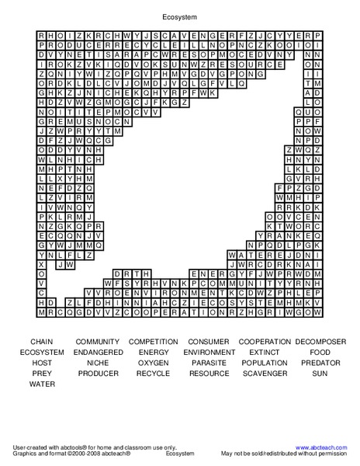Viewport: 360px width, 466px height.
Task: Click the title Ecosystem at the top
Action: click(x=179, y=15)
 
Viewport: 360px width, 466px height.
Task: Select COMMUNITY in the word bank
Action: click(x=98, y=342)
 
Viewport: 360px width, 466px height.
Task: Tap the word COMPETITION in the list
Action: click(x=154, y=342)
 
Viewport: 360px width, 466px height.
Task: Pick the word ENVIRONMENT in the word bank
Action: click(x=209, y=353)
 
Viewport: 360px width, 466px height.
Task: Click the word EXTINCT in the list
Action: click(x=265, y=353)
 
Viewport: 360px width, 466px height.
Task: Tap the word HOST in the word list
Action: click(x=42, y=363)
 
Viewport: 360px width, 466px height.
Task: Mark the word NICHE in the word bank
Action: click(x=98, y=363)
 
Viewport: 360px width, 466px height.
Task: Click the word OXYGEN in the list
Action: click(x=154, y=363)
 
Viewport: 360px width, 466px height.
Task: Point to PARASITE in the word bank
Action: click(x=209, y=363)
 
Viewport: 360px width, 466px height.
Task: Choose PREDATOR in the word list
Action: click(x=320, y=363)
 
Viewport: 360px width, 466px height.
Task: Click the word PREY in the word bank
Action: click(x=42, y=374)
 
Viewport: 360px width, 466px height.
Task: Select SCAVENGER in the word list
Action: click(x=265, y=374)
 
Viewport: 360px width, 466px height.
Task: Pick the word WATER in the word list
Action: click(x=42, y=384)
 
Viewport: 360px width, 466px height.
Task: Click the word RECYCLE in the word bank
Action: click(x=154, y=374)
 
